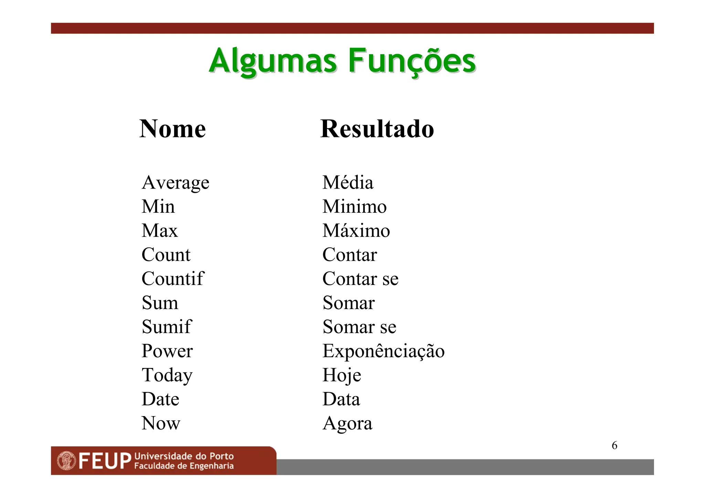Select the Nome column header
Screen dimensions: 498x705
(172, 129)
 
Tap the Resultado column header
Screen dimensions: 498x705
(377, 129)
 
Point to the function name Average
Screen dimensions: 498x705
(176, 183)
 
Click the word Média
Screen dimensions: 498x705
(348, 182)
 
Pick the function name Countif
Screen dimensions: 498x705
(173, 278)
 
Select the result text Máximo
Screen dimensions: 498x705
(356, 230)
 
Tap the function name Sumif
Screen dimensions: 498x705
(167, 327)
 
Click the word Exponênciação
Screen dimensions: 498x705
(383, 351)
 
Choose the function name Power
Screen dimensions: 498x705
(167, 351)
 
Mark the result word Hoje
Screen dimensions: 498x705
(342, 375)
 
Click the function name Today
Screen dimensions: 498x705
(167, 375)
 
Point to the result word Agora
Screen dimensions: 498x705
(347, 424)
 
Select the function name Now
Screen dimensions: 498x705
(161, 423)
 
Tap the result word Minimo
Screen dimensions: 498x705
(355, 206)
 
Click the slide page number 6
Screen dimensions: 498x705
(614, 445)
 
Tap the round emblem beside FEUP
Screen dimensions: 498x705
(66, 461)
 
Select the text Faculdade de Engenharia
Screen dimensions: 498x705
(184, 466)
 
